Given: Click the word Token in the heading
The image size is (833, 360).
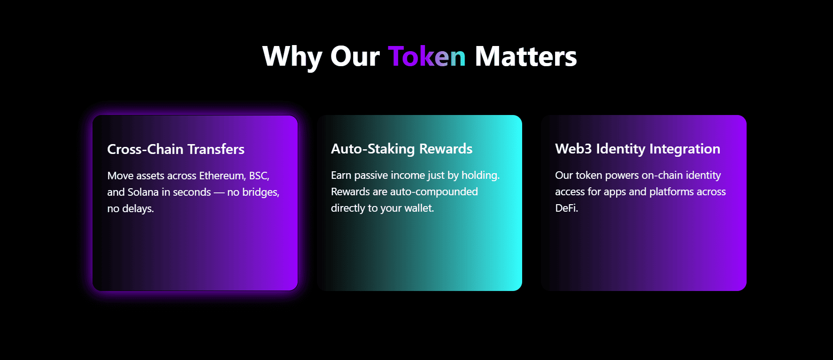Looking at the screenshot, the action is [x=427, y=56].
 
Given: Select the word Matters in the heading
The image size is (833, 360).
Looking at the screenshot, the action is [x=526, y=56].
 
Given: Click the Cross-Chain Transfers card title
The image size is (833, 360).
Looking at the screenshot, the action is [x=176, y=149].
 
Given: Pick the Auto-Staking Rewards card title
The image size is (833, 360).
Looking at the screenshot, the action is [x=401, y=149].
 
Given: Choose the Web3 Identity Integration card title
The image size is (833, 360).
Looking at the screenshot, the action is [x=638, y=149].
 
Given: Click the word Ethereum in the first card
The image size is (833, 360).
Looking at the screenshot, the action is [x=222, y=176].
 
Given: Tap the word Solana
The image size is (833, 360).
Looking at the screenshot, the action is [x=143, y=192].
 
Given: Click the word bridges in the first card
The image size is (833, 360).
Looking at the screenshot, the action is [x=260, y=192].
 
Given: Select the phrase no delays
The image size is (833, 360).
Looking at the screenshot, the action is [x=130, y=209].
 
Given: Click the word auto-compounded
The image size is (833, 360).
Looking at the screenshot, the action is [x=434, y=192].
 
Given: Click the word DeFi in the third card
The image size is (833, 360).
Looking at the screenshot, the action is [x=566, y=208].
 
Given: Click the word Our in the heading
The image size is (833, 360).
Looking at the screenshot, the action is [x=355, y=57].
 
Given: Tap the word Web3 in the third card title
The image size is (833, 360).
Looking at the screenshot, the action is [x=574, y=149].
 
